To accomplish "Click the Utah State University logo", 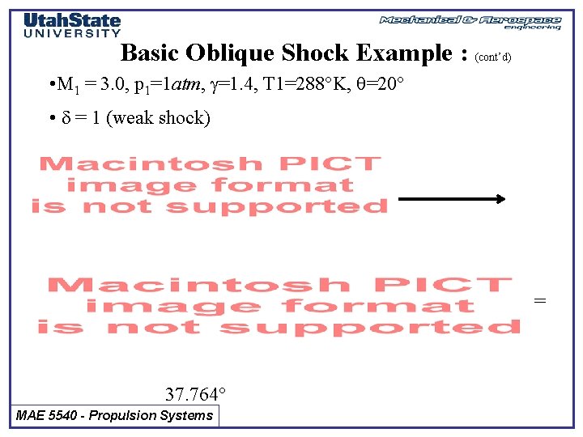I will click(72, 25).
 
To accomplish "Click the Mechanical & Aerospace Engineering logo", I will click(470, 22).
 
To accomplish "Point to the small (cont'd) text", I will click(493, 57).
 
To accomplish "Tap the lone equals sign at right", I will click(540, 301).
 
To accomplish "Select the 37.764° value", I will click(195, 395).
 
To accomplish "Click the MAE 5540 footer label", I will click(115, 416).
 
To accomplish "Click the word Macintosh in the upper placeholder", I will click(118, 164).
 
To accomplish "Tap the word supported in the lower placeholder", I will click(369, 327).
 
